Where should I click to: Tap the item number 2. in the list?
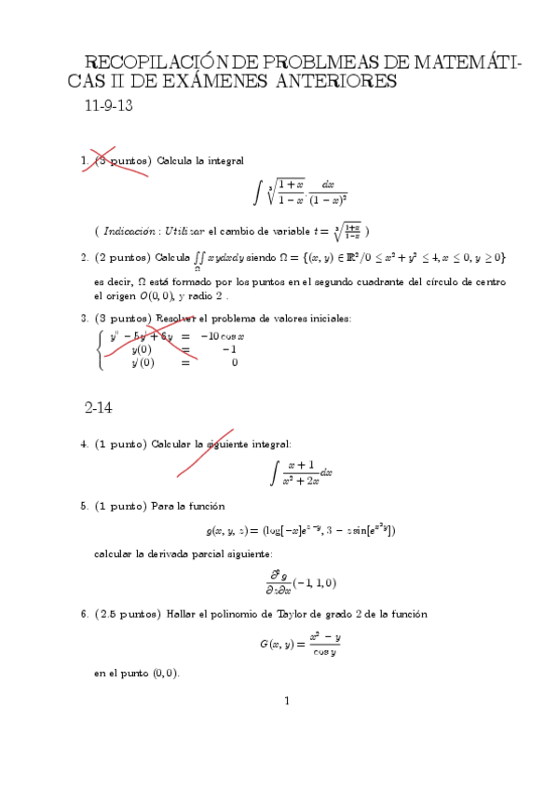[85, 257]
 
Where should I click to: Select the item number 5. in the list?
[85, 506]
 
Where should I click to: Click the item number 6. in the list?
[85, 614]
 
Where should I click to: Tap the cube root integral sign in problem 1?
[257, 193]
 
